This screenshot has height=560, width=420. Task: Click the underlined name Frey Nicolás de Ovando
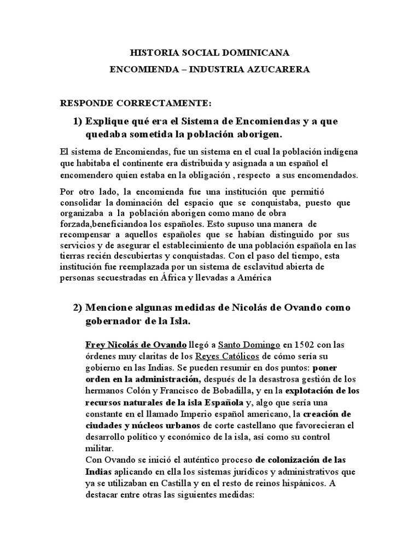point(136,345)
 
